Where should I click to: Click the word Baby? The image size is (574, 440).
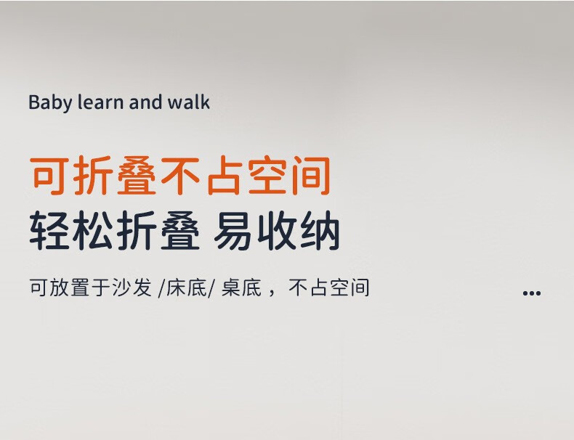[x=50, y=103]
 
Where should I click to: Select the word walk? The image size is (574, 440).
[x=188, y=102]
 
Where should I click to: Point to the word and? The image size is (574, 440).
[x=145, y=102]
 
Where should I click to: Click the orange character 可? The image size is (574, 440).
[x=49, y=176]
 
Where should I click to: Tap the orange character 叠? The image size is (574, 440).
[x=137, y=176]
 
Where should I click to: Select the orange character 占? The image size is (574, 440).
[x=224, y=176]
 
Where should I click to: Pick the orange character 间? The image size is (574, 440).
[x=311, y=176]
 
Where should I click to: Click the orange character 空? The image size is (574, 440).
[x=267, y=176]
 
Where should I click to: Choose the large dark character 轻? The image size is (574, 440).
[x=49, y=230]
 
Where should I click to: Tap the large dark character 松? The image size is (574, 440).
[x=93, y=230]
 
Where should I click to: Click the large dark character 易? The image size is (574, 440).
[x=233, y=230]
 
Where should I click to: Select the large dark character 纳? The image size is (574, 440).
[x=320, y=230]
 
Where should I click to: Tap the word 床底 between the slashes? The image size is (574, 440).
[x=187, y=288]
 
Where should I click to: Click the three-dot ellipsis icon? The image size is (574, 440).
[x=532, y=293]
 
